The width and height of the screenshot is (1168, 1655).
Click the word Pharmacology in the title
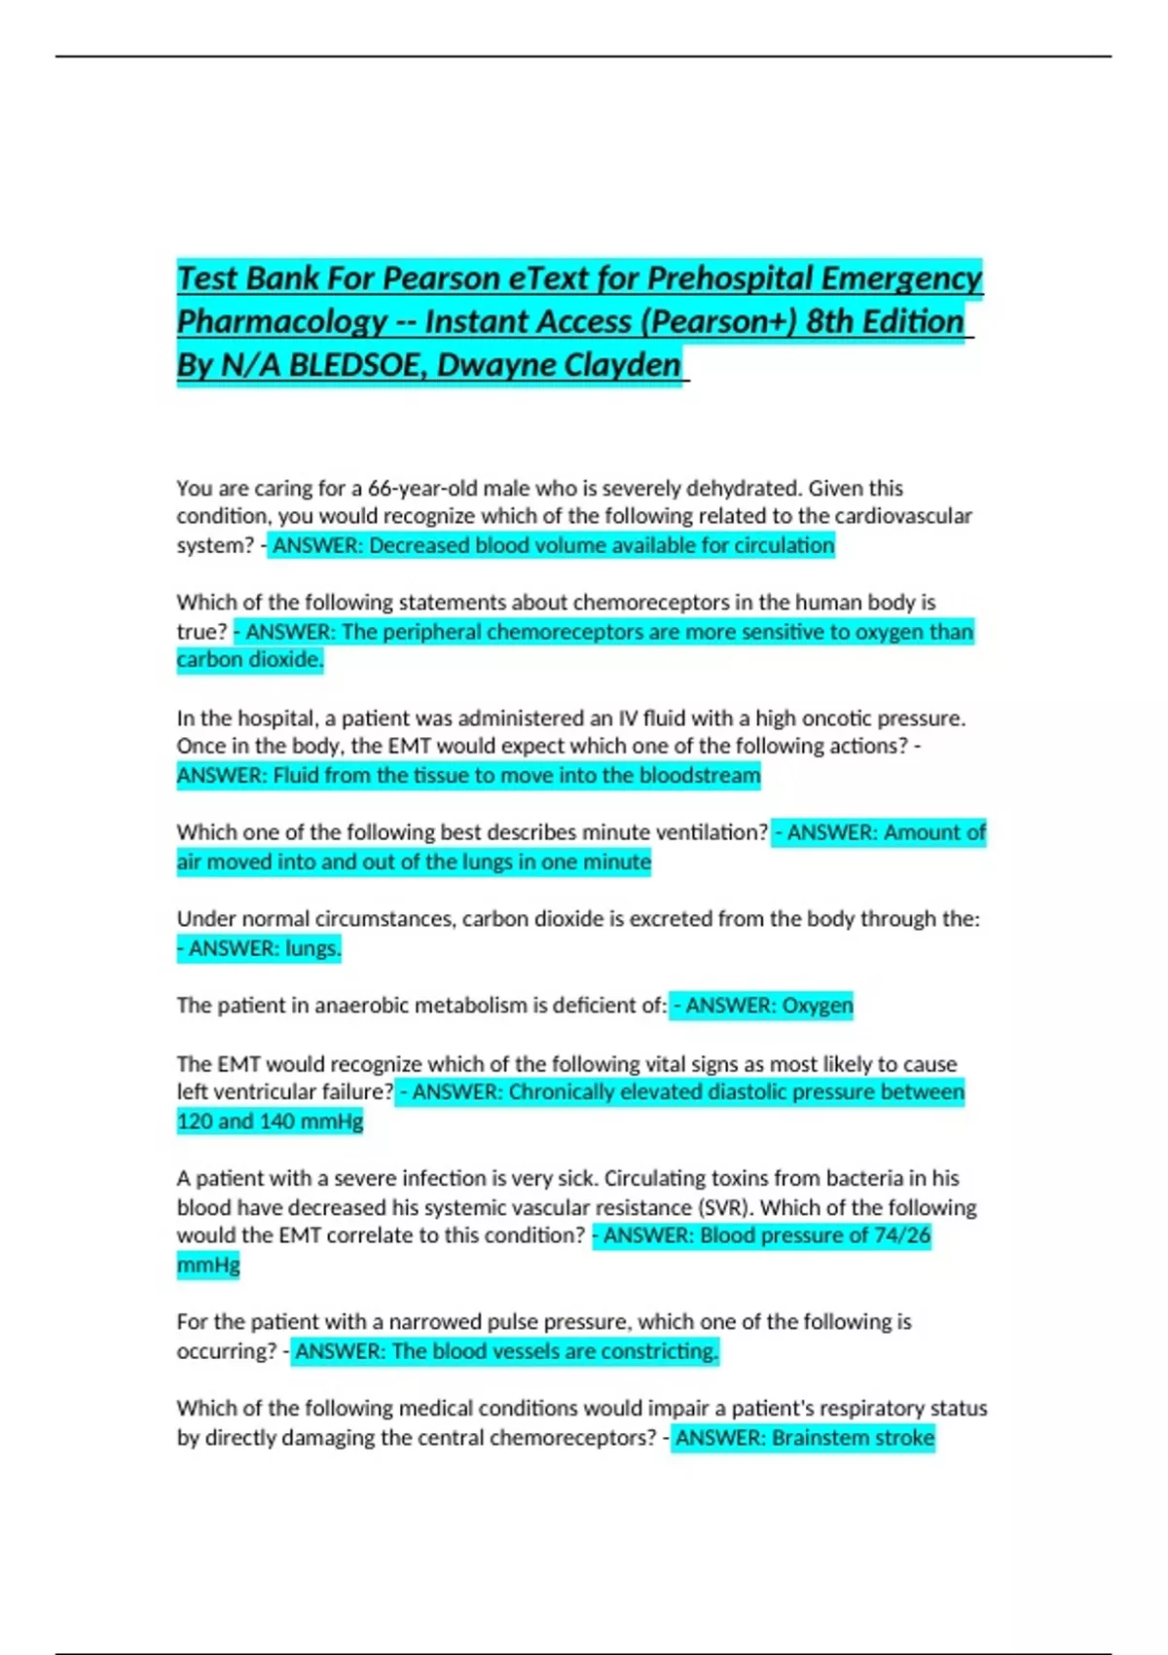(281, 322)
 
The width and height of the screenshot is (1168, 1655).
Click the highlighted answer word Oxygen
(818, 1006)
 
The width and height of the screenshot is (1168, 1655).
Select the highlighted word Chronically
(562, 1092)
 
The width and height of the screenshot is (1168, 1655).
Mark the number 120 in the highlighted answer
(195, 1122)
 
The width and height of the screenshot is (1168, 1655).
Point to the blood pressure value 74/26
(901, 1235)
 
